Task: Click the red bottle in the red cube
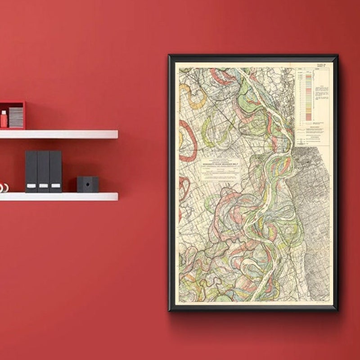(4, 120)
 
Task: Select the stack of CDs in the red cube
(16, 117)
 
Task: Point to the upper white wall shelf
(58, 134)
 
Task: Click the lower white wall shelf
(58, 197)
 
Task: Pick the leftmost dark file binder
(31, 171)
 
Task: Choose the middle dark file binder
(43, 171)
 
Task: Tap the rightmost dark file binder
(55, 171)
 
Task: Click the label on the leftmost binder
(31, 185)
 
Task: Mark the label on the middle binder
(43, 185)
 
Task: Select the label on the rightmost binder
(55, 185)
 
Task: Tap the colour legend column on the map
(308, 97)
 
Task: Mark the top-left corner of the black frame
(169, 55)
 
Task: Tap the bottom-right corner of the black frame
(337, 310)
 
